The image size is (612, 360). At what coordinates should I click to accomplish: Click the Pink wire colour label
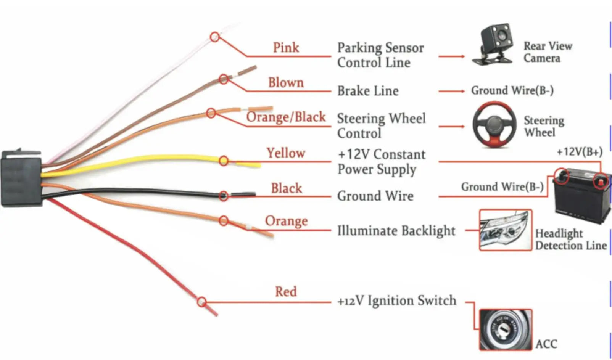286,48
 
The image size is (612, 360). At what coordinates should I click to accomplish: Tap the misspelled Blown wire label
286,82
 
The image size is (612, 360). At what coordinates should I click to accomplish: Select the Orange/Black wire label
286,117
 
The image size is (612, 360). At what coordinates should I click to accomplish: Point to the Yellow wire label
286,153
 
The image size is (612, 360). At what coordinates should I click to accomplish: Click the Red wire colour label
286,291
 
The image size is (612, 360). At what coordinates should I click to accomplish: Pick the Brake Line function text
368,91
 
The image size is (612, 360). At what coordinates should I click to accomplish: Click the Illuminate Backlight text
396,231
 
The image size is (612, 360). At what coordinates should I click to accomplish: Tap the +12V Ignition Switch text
397,301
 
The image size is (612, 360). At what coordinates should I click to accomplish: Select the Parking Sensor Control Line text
380,55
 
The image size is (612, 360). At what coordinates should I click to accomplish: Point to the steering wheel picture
494,125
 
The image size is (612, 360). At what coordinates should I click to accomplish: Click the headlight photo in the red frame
506,230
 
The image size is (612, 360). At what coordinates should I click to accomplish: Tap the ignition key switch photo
506,329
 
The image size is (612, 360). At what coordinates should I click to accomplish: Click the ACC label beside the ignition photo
546,344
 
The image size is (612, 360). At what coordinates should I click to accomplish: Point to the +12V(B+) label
580,152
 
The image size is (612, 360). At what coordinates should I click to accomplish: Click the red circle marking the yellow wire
224,161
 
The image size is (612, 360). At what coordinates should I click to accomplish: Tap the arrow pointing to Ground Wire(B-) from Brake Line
452,91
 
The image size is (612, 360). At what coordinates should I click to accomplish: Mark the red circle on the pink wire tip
215,37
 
